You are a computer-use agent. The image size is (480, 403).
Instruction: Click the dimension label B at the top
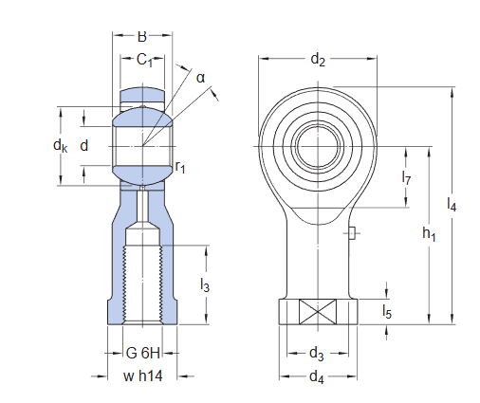pyautogui.click(x=142, y=37)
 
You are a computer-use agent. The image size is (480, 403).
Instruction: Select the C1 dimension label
pyautogui.click(x=144, y=61)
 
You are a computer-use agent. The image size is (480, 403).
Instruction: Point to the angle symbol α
pyautogui.click(x=200, y=77)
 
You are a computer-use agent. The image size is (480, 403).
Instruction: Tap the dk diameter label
pyautogui.click(x=60, y=146)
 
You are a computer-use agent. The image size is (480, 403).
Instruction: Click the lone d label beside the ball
pyautogui.click(x=84, y=145)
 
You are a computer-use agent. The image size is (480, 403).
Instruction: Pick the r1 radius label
pyautogui.click(x=179, y=168)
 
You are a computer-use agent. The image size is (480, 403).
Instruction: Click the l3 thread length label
pyautogui.click(x=204, y=284)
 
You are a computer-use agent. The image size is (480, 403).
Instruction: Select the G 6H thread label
pyautogui.click(x=143, y=353)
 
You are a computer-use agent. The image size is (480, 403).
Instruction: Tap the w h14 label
pyautogui.click(x=143, y=376)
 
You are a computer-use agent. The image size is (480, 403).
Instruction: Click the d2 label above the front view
pyautogui.click(x=318, y=62)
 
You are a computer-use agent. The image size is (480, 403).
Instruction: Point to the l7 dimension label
pyautogui.click(x=406, y=177)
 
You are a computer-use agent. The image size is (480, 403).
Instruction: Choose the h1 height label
pyautogui.click(x=428, y=234)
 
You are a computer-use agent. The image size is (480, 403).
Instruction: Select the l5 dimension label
pyautogui.click(x=387, y=310)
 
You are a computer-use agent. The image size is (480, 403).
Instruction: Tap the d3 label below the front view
pyautogui.click(x=318, y=354)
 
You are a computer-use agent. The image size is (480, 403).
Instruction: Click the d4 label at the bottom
pyautogui.click(x=318, y=377)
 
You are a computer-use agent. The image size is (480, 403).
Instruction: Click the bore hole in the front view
pyautogui.click(x=317, y=147)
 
